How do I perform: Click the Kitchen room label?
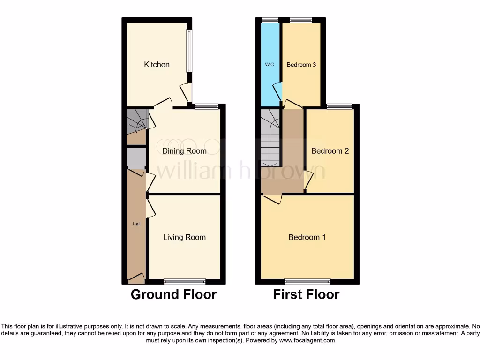tap(157, 65)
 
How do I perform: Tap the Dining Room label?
tap(184, 151)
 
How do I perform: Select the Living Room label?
tap(184, 237)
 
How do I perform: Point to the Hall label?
tap(136, 224)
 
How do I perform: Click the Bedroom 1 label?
tap(307, 237)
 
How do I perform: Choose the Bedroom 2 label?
tap(330, 151)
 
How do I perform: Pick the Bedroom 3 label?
tap(301, 65)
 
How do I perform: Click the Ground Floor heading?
tap(173, 294)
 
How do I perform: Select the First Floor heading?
tap(306, 294)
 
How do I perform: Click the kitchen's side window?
tap(189, 51)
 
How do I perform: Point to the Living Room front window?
tap(185, 281)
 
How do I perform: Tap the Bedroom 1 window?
tap(307, 281)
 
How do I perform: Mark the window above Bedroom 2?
tap(340, 106)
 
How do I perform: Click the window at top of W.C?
tap(270, 20)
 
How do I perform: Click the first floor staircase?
tap(270, 138)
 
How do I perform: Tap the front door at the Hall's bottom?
tap(136, 279)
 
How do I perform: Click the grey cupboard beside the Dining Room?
tap(136, 158)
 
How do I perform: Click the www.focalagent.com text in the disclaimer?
tap(307, 340)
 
